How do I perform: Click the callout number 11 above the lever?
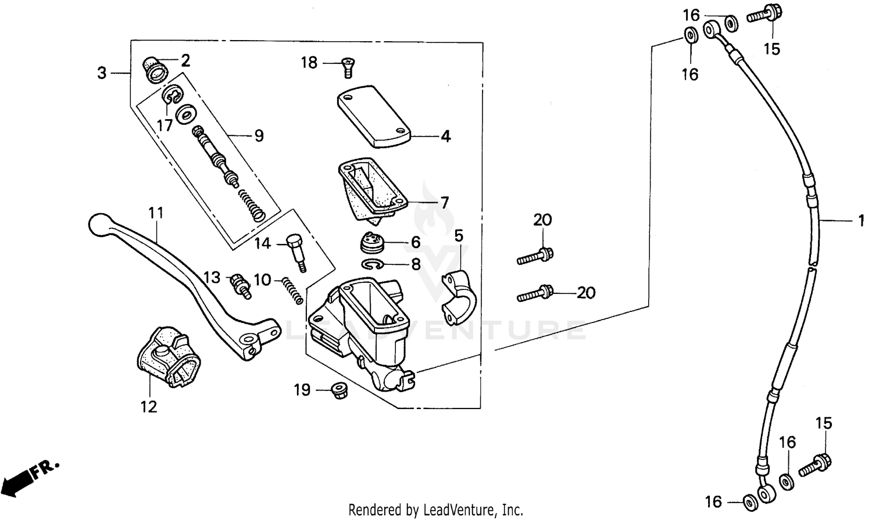coord(156,213)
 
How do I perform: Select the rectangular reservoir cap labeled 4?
coord(373,116)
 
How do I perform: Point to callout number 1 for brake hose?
coord(860,221)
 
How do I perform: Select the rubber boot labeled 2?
coord(156,69)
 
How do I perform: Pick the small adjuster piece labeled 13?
coord(240,284)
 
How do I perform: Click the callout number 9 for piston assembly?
coord(259,136)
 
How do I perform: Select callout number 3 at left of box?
coord(102,73)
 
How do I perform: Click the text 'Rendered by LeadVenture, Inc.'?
coord(435,510)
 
